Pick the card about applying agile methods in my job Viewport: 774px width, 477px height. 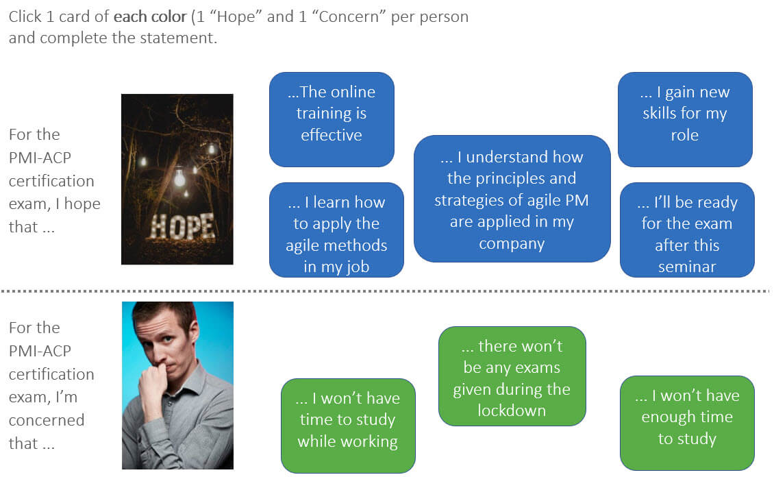click(x=336, y=230)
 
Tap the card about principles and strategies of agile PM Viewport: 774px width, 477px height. click(x=512, y=199)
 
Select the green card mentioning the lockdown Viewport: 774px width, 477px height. click(x=512, y=376)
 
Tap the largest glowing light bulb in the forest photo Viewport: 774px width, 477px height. click(x=179, y=177)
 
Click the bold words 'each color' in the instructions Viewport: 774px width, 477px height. click(x=155, y=16)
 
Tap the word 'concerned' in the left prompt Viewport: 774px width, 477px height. click(x=47, y=420)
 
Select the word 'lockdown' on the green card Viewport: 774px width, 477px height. click(x=512, y=411)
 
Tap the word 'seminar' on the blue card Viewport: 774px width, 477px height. click(x=687, y=267)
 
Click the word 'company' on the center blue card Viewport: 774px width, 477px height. click(x=512, y=243)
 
